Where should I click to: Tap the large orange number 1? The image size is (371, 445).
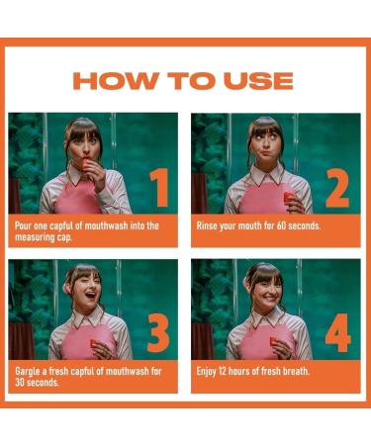(x=159, y=188)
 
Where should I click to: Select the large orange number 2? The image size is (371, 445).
(x=337, y=188)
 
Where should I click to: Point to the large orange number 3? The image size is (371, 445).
(x=158, y=333)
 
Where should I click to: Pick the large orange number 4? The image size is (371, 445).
(x=337, y=333)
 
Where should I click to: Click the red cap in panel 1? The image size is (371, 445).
(x=86, y=162)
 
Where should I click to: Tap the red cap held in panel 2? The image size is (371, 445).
(x=289, y=198)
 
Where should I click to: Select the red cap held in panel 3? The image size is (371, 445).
(x=94, y=343)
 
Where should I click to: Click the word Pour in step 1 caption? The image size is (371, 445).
(x=24, y=226)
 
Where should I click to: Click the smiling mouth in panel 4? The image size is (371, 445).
(x=269, y=298)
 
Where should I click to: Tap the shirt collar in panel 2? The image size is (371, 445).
(x=267, y=175)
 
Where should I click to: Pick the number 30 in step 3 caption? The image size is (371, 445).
(x=20, y=383)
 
